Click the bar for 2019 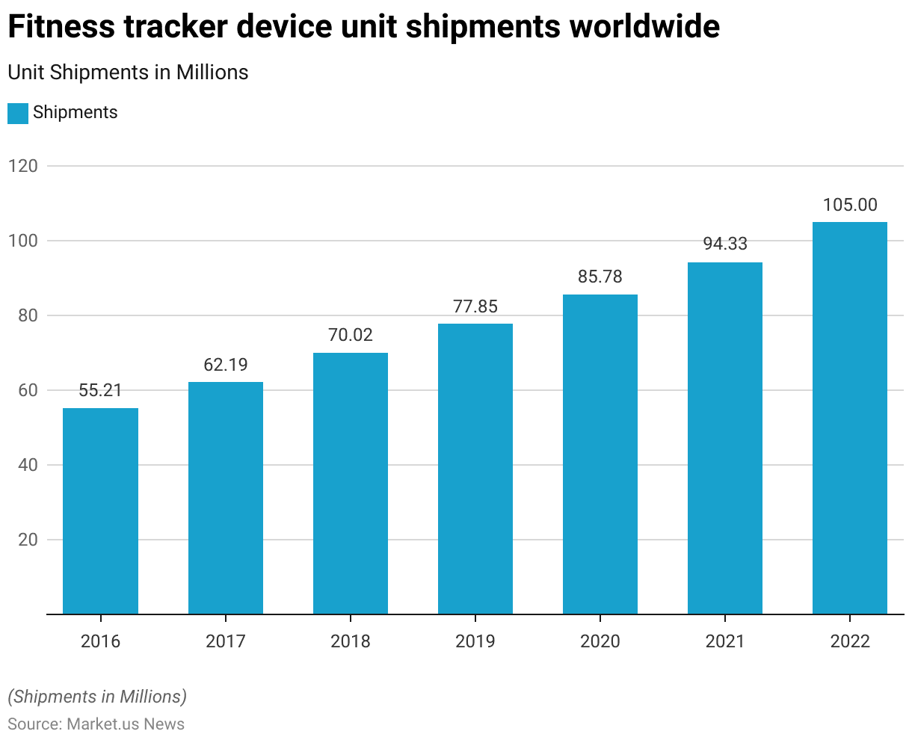(475, 469)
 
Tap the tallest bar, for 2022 (850, 418)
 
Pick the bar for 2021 (725, 438)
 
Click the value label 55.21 (100, 390)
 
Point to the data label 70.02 (351, 335)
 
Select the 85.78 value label (600, 277)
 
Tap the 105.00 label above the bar (850, 205)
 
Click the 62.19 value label (226, 365)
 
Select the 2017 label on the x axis (226, 641)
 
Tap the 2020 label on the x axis (600, 641)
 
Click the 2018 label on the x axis (351, 641)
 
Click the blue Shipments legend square (18, 113)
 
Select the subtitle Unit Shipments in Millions (128, 73)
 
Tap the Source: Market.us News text (96, 724)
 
